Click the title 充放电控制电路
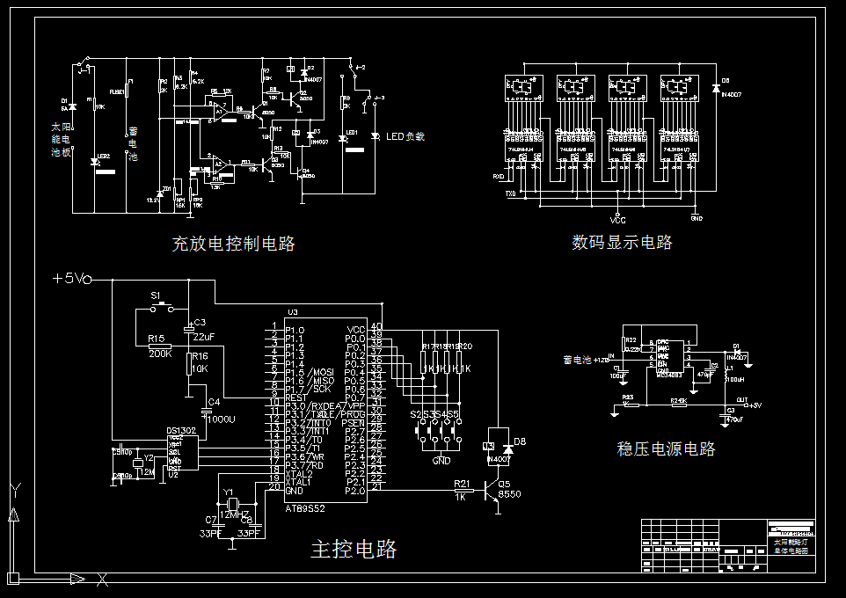(x=233, y=244)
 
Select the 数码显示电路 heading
(x=622, y=242)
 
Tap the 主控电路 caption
(x=354, y=550)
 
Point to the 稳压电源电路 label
(x=666, y=448)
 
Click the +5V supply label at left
(x=71, y=279)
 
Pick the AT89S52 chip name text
(x=305, y=507)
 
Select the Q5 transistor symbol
(x=492, y=492)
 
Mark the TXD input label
(x=507, y=193)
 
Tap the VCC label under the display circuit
(x=617, y=221)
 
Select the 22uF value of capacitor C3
(x=203, y=338)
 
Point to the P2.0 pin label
(x=354, y=491)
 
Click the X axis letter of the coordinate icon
(x=102, y=578)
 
